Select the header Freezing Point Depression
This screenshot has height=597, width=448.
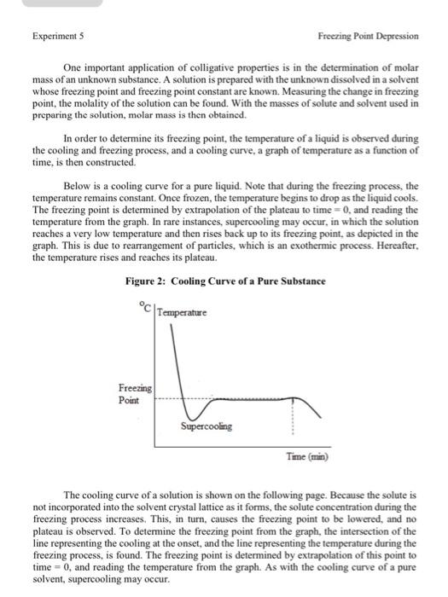(x=368, y=37)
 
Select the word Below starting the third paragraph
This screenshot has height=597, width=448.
(x=77, y=185)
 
